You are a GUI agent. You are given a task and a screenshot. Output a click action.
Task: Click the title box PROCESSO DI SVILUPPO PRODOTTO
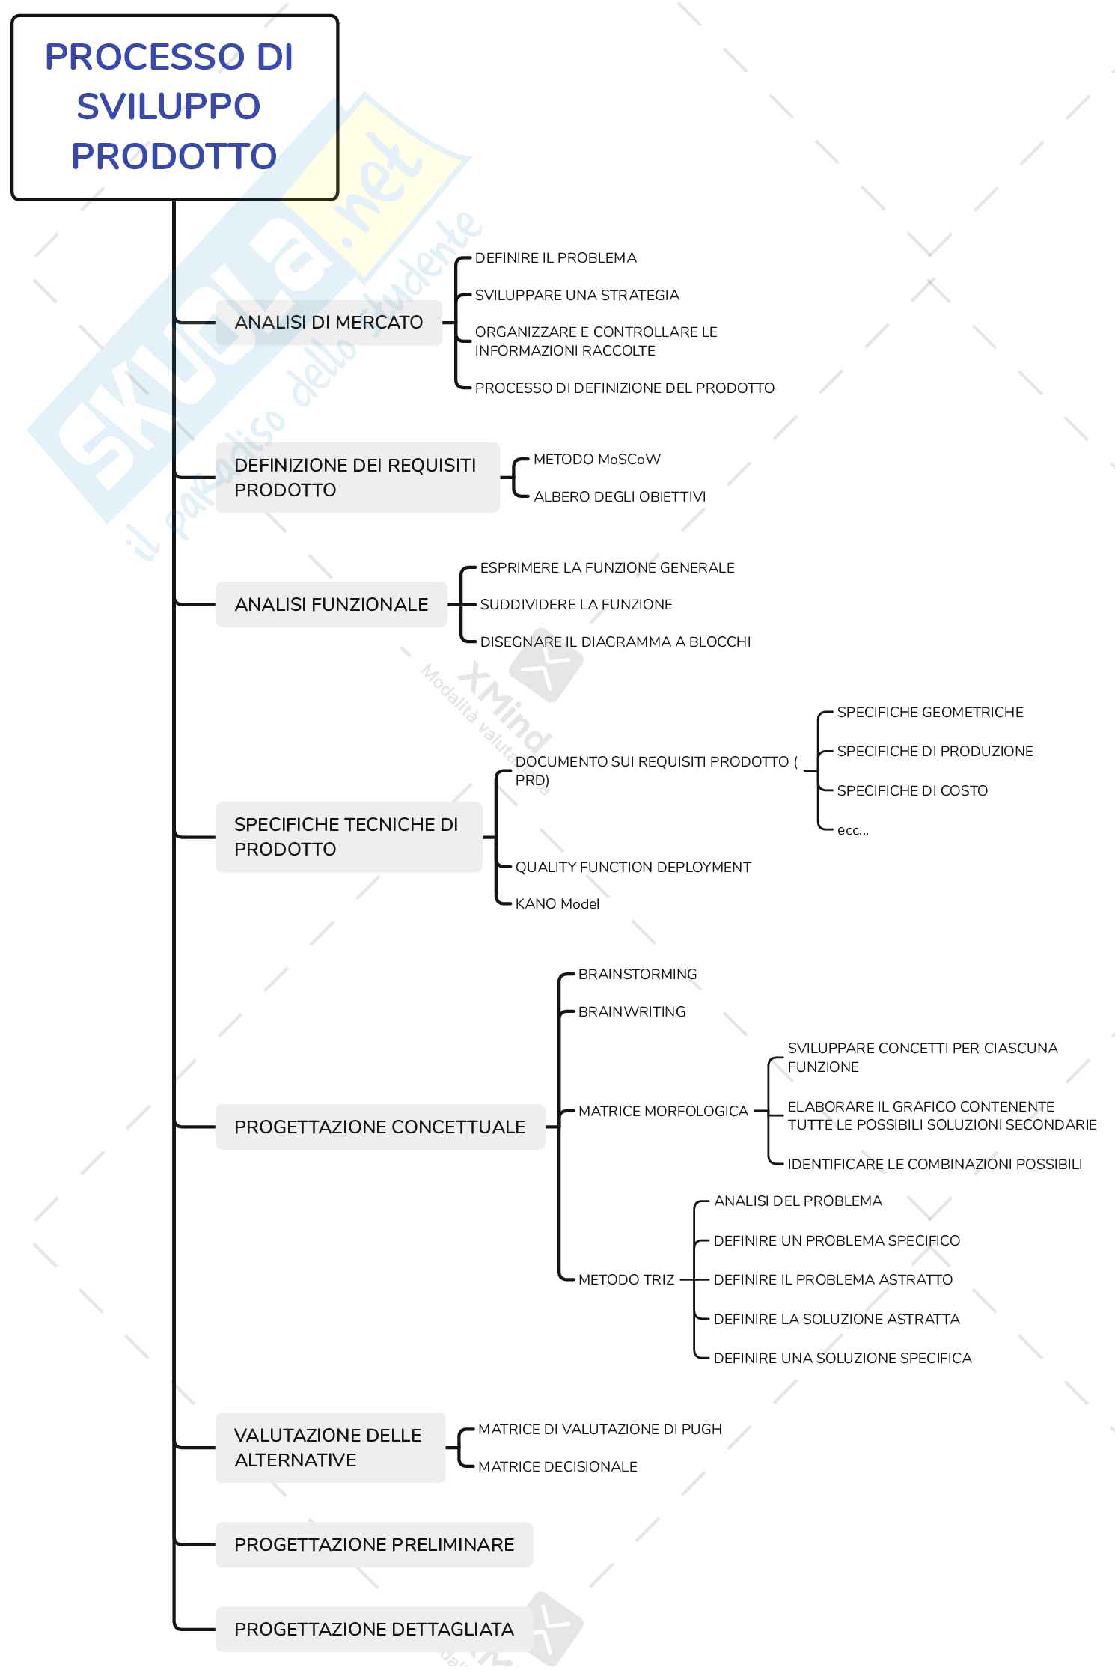(174, 107)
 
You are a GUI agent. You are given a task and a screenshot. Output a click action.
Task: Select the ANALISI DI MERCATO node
(329, 323)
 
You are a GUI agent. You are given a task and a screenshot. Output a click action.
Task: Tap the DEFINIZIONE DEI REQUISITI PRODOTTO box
(357, 478)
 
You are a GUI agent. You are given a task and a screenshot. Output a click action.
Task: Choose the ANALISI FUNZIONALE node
(331, 605)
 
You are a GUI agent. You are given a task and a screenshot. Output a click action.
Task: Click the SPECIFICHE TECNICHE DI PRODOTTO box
(348, 837)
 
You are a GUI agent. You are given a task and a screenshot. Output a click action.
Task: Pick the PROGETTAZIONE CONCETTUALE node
(379, 1127)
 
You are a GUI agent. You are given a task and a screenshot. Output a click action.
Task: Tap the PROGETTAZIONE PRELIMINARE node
(373, 1545)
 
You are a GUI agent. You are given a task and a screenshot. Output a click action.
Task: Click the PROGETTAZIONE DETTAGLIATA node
(373, 1630)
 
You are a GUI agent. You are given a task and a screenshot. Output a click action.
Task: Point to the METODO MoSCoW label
(596, 460)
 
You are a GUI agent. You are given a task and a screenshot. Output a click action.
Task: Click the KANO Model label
(557, 904)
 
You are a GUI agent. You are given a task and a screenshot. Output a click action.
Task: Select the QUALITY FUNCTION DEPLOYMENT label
(632, 868)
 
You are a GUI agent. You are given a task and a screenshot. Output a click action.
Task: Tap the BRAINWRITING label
(632, 1012)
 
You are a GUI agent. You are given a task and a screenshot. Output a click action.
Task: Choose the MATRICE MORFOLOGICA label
(663, 1112)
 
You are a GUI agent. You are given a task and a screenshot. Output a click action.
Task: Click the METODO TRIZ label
(626, 1280)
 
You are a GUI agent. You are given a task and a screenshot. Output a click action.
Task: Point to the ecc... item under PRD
(852, 830)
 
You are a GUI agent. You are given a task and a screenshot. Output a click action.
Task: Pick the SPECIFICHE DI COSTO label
(912, 791)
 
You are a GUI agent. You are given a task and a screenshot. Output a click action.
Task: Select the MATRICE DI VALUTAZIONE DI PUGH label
(599, 1430)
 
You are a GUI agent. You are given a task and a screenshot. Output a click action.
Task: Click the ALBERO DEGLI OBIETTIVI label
(619, 497)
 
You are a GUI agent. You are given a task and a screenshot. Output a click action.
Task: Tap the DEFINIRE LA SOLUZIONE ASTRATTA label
(836, 1320)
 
